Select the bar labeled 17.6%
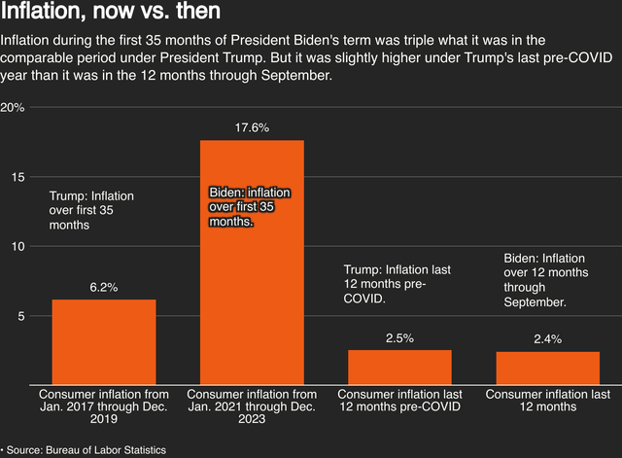pos(252,263)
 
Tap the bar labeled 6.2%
pos(104,341)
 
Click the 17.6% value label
pos(252,127)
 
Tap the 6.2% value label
pos(104,287)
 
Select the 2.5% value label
pos(399,337)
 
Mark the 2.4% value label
pos(548,338)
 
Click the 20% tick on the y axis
pos(13,107)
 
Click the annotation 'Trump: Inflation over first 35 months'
pos(91,210)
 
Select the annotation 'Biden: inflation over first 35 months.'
pos(250,207)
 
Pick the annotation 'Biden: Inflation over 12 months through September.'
pos(545,280)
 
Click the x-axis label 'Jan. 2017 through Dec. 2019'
pos(104,407)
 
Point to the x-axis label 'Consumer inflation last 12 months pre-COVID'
pos(399,401)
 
